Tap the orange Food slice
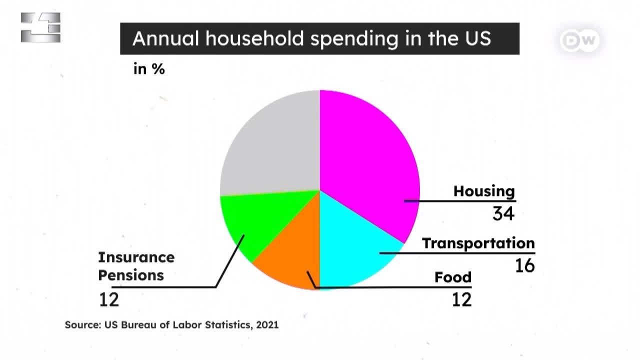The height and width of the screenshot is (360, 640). (x=294, y=257)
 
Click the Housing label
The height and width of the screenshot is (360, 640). (x=484, y=191)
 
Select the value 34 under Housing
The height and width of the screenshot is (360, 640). (x=503, y=213)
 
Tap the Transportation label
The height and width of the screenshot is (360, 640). (x=478, y=243)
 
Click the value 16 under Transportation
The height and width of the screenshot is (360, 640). (x=525, y=265)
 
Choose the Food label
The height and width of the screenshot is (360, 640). (x=453, y=277)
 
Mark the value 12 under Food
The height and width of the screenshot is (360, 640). (x=461, y=299)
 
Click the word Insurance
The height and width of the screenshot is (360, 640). (x=136, y=257)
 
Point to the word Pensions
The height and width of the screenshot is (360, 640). (x=131, y=275)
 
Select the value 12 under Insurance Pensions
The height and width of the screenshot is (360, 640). (x=109, y=299)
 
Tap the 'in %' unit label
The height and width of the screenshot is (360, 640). (x=149, y=69)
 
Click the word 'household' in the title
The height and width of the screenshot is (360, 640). (x=254, y=38)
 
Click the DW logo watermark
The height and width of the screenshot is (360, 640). (x=580, y=40)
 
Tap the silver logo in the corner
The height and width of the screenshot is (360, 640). (x=40, y=27)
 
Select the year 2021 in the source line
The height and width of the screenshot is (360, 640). (x=267, y=325)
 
